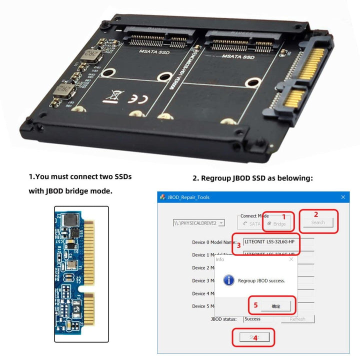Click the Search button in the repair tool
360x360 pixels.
point(318,222)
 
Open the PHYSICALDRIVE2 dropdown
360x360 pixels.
point(221,222)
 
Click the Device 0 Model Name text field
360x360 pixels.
point(278,241)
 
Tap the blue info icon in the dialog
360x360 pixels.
point(228,280)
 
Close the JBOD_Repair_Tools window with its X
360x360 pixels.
point(343,197)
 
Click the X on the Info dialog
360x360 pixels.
point(291,259)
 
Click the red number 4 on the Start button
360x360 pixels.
point(255,338)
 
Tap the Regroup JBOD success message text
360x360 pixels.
point(261,280)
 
